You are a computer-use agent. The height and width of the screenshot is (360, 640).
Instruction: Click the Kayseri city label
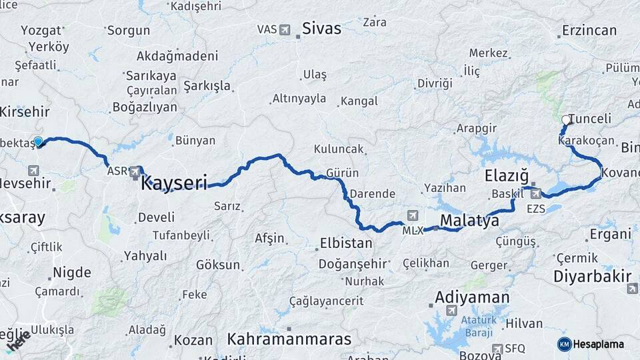pos(175,182)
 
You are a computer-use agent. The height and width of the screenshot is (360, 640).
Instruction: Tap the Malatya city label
pos(469,221)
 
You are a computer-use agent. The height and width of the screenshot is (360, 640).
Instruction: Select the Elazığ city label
pos(505,177)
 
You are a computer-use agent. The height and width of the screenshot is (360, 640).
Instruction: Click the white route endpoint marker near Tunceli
pos(566,120)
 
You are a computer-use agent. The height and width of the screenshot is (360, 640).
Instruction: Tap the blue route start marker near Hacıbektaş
pos(38,141)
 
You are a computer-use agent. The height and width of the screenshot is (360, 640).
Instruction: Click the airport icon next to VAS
pos(286,29)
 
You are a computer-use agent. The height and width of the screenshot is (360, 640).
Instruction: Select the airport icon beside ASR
pos(135,171)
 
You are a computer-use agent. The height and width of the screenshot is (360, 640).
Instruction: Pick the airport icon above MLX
pos(413,216)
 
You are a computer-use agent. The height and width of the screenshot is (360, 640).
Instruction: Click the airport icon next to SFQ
pos(497,348)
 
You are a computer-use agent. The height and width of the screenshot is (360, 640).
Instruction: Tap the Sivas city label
pos(321,28)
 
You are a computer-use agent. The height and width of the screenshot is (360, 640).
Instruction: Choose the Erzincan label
pos(589,30)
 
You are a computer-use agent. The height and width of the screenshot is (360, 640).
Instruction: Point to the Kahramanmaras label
pos(289,339)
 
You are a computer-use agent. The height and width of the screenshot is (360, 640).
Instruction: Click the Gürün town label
pos(343,173)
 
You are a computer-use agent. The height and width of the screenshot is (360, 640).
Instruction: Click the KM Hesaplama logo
pos(591,344)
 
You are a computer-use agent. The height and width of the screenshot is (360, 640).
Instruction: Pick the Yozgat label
pos(41,30)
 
